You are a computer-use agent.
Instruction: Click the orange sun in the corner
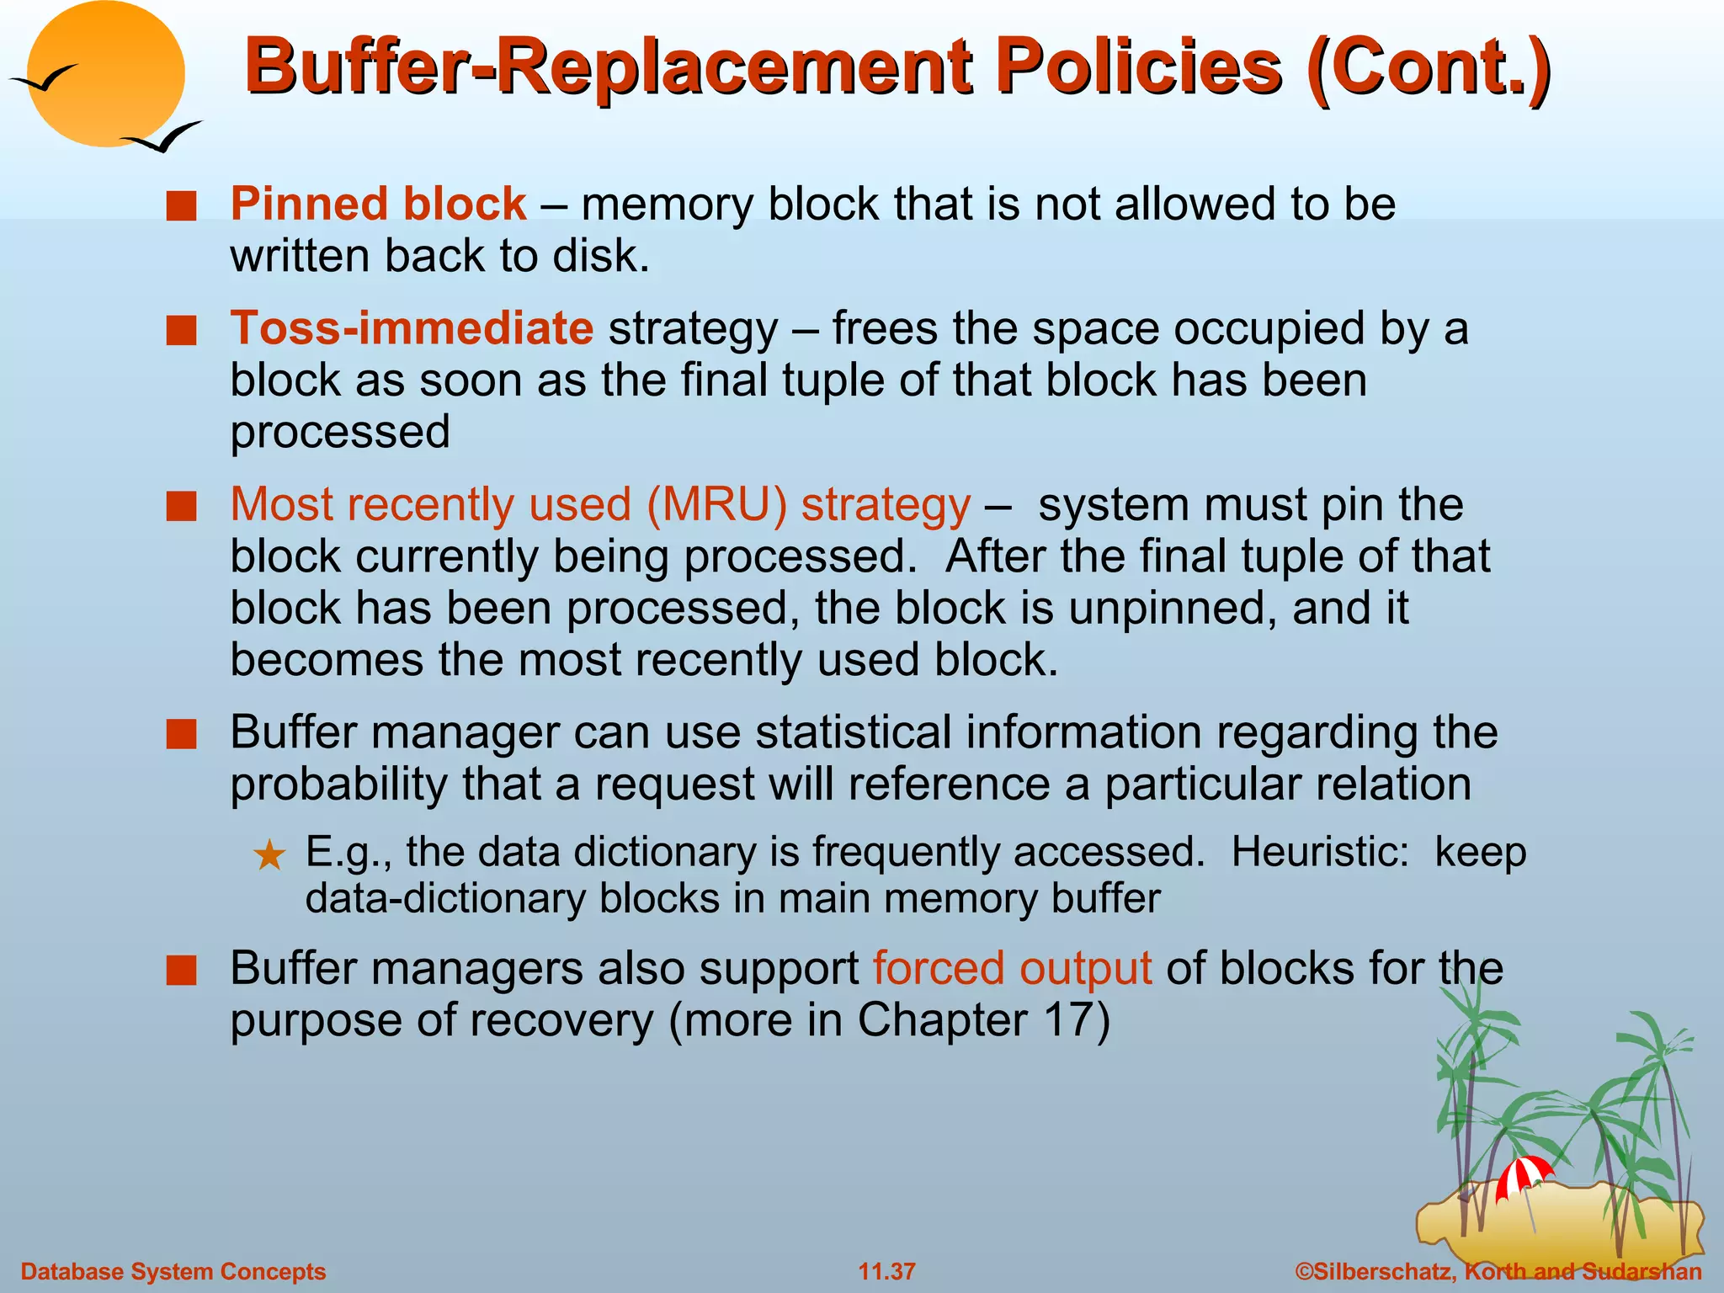point(105,74)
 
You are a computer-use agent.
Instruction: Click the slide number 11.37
point(886,1271)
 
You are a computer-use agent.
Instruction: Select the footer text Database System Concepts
point(173,1271)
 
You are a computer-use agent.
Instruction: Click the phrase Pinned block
point(378,205)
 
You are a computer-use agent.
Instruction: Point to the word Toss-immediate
point(412,328)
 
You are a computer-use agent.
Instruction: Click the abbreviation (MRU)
point(716,505)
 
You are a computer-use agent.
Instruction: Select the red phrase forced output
point(1012,968)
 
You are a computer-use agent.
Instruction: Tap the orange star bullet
point(269,856)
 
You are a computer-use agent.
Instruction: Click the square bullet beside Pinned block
point(181,205)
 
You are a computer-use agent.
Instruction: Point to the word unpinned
point(1166,609)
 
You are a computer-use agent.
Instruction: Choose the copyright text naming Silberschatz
point(1498,1271)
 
